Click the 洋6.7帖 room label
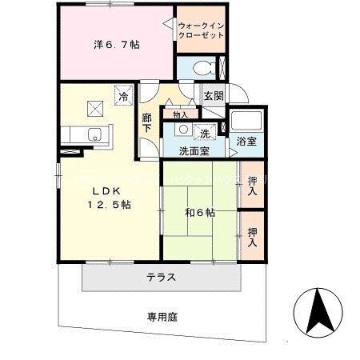click(x=117, y=46)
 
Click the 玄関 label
click(x=213, y=95)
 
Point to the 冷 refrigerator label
click(x=124, y=97)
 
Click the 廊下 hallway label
click(x=147, y=122)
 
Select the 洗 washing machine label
click(x=204, y=133)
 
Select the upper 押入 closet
click(x=252, y=187)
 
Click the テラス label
click(x=161, y=278)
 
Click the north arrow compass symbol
click(x=318, y=313)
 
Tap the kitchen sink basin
click(x=94, y=134)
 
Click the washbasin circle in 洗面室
click(x=182, y=129)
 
